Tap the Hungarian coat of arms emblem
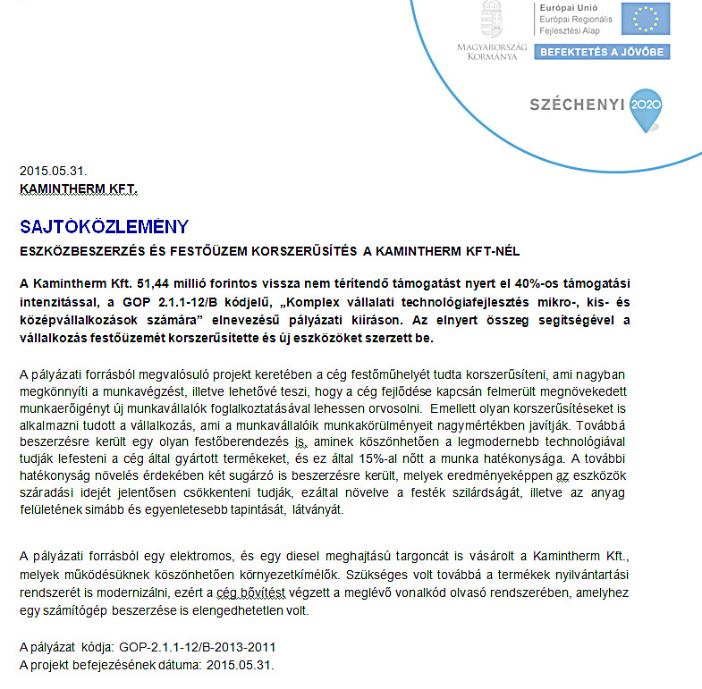coord(490,18)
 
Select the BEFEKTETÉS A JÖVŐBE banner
coord(603,52)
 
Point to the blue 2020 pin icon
coord(647,106)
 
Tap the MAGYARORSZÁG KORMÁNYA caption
coord(492,51)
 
